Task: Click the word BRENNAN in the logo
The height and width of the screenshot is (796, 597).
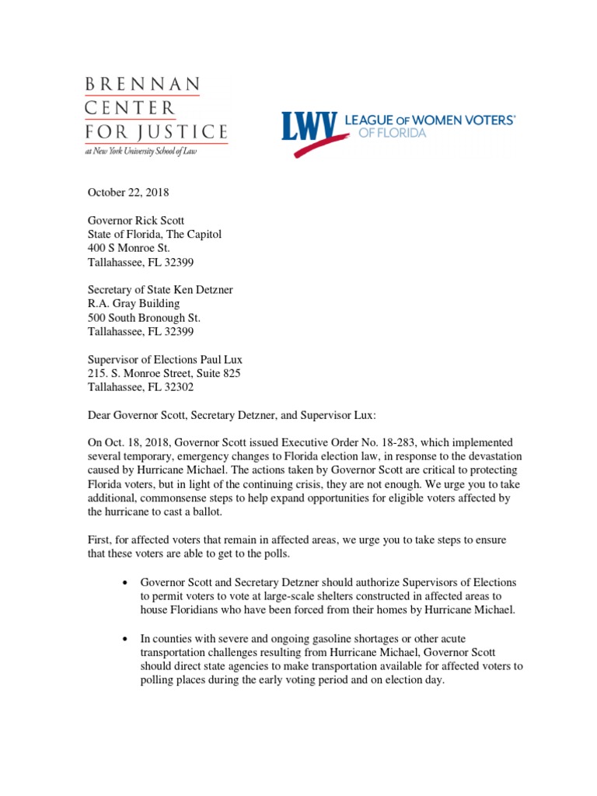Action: coord(141,84)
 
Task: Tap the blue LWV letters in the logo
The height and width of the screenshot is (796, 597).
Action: coord(309,127)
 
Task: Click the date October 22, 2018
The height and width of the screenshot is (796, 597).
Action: coord(127,192)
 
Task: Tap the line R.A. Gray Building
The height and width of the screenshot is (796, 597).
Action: coord(133,303)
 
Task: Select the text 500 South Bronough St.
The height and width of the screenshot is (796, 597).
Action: coord(144,317)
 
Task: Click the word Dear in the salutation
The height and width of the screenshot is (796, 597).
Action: coord(99,414)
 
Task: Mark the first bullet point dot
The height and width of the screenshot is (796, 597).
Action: coord(124,582)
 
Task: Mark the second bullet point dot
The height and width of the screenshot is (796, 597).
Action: coord(124,638)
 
